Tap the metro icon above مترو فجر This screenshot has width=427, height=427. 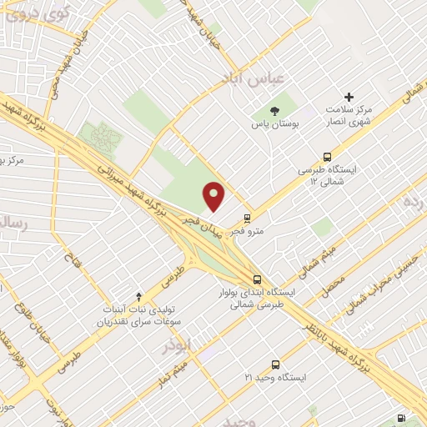tap(247, 219)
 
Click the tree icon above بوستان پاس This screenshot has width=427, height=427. tap(274, 111)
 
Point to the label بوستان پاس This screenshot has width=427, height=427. tap(274, 124)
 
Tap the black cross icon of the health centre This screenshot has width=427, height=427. tap(349, 98)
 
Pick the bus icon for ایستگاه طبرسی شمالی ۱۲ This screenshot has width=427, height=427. tap(326, 156)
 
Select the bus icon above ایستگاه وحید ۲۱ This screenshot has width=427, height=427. tap(274, 364)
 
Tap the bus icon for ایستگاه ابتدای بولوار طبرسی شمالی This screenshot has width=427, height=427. tap(257, 280)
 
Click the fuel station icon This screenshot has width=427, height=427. tap(404, 417)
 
